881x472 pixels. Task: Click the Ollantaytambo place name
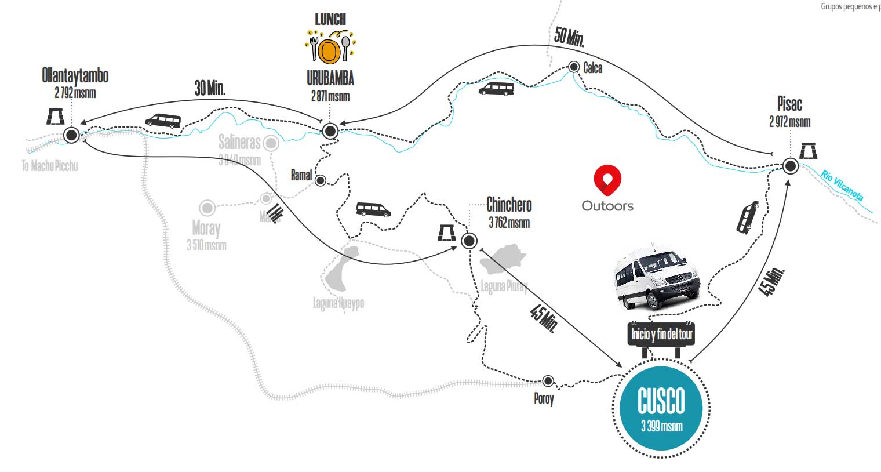[x=75, y=75]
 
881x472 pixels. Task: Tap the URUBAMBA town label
[x=330, y=78]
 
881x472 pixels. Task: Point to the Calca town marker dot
[x=574, y=67]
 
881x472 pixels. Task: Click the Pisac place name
[x=789, y=104]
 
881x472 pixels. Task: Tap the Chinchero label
[x=509, y=205]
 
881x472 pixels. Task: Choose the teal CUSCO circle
[x=661, y=408]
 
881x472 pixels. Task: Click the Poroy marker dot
[x=548, y=381]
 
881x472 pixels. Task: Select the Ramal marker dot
[x=321, y=180]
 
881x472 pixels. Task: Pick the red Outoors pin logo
[x=607, y=180]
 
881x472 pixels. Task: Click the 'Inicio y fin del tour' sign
[x=661, y=334]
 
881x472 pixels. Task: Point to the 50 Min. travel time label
[x=569, y=37]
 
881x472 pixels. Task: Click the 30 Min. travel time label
[x=210, y=88]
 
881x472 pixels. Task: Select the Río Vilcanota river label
[x=842, y=186]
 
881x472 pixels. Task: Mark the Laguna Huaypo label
[x=338, y=303]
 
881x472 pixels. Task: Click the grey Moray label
[x=206, y=228]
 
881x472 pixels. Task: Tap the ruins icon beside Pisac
[x=809, y=151]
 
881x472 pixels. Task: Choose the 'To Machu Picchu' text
[x=50, y=166]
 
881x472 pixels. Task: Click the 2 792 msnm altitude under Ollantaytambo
[x=75, y=93]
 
